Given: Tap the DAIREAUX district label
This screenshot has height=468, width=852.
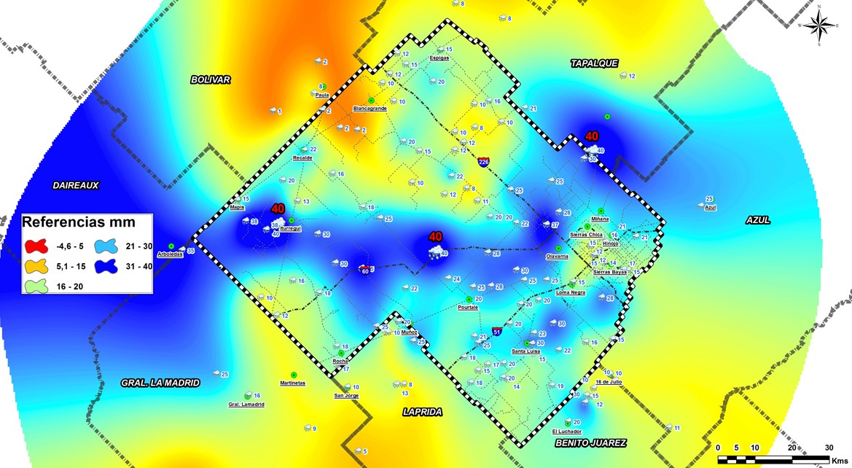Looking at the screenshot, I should point(75,185).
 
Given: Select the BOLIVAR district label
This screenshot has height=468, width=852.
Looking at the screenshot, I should point(211,79).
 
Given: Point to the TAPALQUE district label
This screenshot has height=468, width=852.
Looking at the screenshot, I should point(594,64).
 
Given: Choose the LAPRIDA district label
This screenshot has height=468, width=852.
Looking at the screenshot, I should point(423,412).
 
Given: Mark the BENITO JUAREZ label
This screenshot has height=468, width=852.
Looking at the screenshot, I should point(590,442).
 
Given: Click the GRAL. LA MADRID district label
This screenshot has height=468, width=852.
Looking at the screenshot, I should point(160,382).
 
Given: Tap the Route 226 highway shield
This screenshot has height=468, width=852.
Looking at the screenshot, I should point(484,161).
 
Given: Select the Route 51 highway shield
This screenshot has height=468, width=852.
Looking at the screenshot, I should point(496,332).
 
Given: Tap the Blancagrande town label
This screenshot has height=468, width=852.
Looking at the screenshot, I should point(370,108).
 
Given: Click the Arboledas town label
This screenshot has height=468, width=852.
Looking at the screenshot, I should point(170,254).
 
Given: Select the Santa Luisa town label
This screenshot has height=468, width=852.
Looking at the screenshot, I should point(525,351).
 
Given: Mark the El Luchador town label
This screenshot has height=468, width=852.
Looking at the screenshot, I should point(568,431).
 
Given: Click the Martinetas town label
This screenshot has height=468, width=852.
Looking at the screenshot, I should point(293,383).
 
